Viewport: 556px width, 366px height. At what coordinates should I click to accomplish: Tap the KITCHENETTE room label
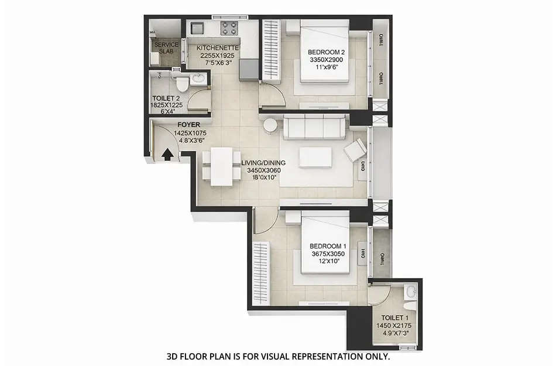tap(217, 47)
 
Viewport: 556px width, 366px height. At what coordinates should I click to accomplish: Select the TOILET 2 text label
tap(163, 99)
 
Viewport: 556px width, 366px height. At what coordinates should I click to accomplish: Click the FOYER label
tap(189, 125)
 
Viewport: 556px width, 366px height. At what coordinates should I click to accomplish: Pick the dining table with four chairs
tap(222, 166)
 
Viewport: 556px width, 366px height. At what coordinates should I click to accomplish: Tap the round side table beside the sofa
tap(270, 125)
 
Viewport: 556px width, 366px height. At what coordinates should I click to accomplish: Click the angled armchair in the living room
tap(354, 151)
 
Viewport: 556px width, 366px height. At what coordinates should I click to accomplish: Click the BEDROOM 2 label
tap(326, 52)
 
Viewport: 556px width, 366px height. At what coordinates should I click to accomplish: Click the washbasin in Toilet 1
tap(411, 291)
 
